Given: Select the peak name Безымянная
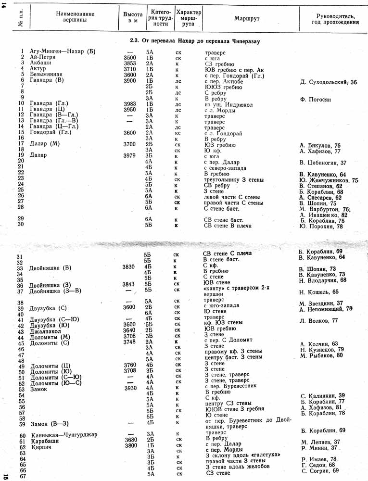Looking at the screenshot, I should tap(47, 76).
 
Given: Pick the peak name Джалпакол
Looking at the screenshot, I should tap(46, 332).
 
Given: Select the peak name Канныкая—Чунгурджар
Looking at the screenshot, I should tap(63, 435).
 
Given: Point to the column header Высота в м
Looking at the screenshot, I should tap(130, 18).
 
